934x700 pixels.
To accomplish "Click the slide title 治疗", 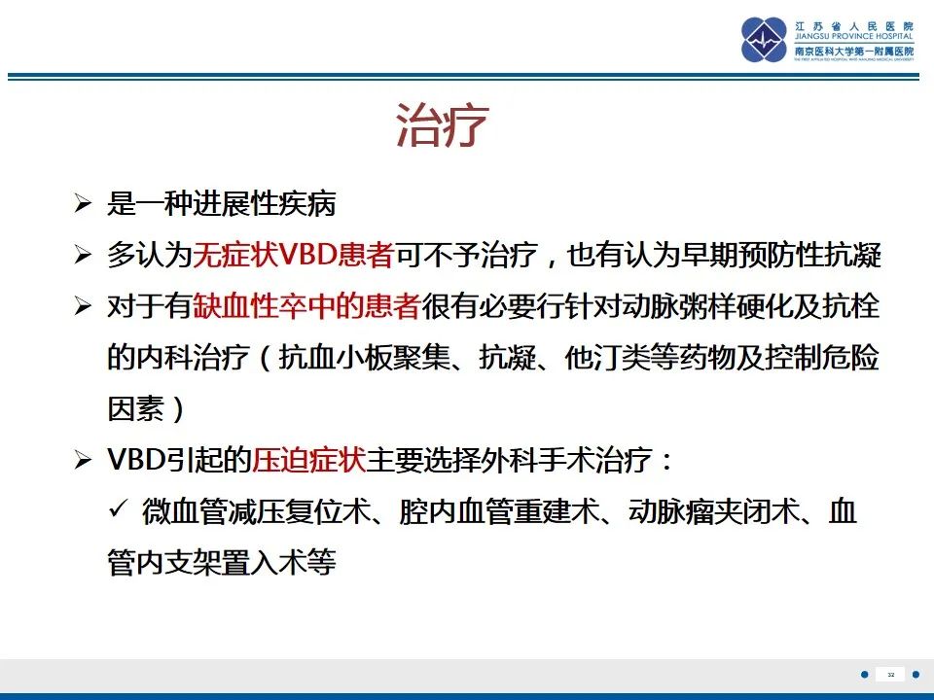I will pyautogui.click(x=441, y=126).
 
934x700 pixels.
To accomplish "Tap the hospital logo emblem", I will pyautogui.click(x=764, y=40).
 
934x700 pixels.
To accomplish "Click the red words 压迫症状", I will pyautogui.click(x=308, y=460).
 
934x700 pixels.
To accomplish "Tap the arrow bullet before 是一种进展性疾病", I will pyautogui.click(x=84, y=205).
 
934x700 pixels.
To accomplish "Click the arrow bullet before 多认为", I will pyautogui.click(x=84, y=257).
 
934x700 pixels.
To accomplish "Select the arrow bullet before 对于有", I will pyautogui.click(x=84, y=308).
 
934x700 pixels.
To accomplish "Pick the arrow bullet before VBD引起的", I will pyautogui.click(x=84, y=461).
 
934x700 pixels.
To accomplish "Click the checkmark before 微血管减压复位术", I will pyautogui.click(x=120, y=510).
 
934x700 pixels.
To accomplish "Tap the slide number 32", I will pyautogui.click(x=890, y=674).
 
